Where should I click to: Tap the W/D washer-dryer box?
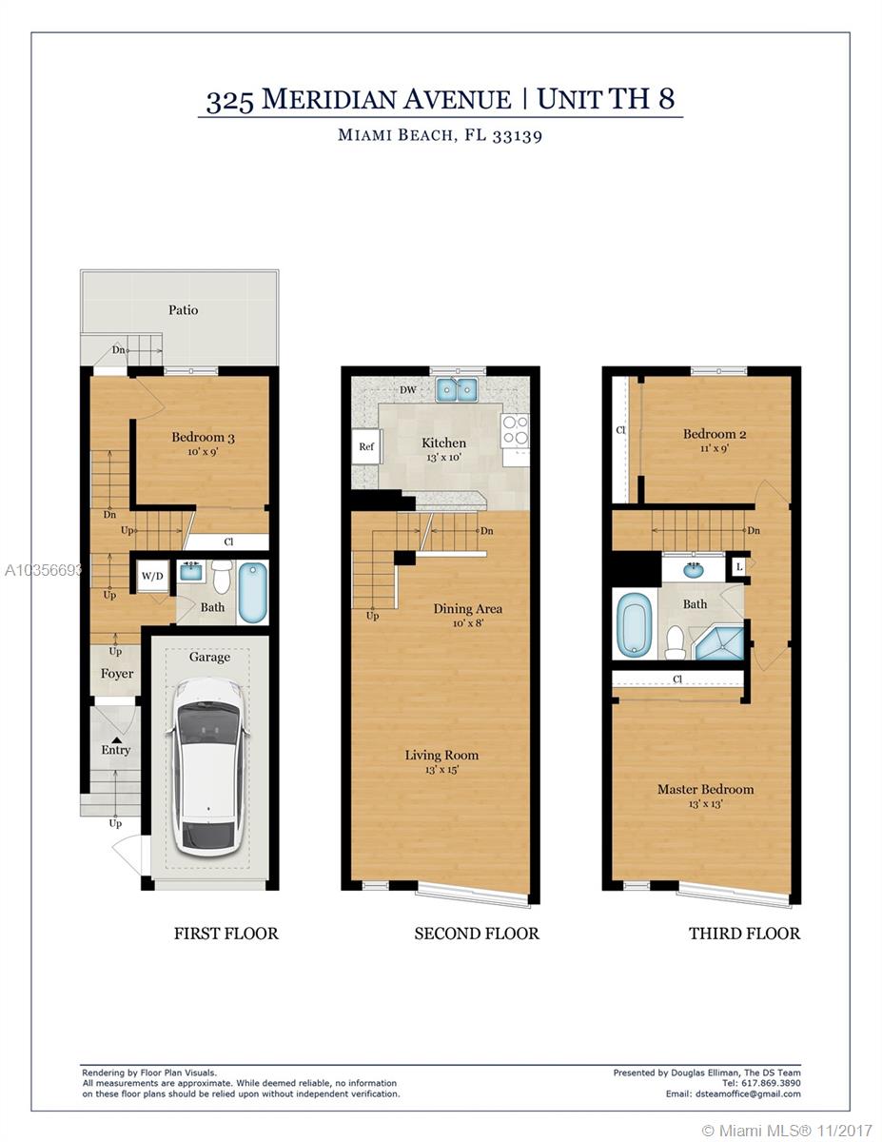tap(152, 576)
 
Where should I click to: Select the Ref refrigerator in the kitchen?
tap(366, 446)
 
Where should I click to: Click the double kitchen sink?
tap(457, 390)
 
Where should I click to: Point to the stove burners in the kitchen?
tap(515, 430)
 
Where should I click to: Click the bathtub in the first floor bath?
tap(253, 592)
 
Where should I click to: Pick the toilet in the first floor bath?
tap(223, 577)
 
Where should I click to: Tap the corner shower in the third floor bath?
tap(719, 642)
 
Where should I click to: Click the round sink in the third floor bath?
tap(695, 569)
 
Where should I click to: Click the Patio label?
tap(184, 310)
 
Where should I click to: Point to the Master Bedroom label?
tap(705, 789)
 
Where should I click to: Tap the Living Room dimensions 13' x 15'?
tap(441, 770)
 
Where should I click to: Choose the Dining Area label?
tap(467, 608)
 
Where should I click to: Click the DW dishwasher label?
tap(408, 389)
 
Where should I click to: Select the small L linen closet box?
tap(739, 566)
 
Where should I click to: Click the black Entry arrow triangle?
tap(116, 740)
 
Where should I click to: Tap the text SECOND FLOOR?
tap(477, 934)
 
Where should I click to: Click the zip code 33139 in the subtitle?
tap(517, 135)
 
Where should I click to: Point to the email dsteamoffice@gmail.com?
tap(748, 1093)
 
